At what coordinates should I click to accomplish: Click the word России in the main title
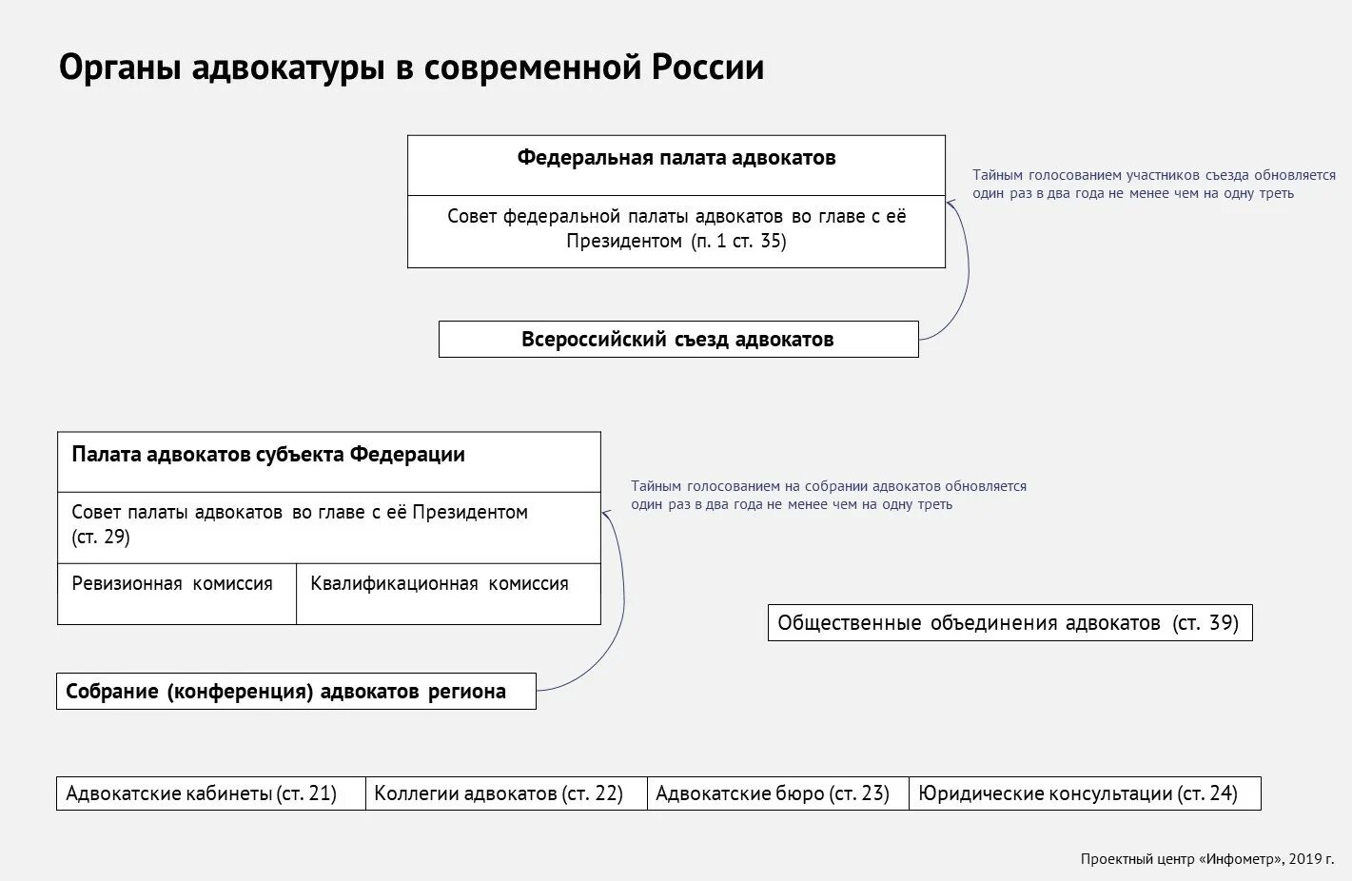(x=707, y=69)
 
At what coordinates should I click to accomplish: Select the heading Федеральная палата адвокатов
(x=676, y=158)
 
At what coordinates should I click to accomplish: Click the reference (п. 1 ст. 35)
(x=739, y=242)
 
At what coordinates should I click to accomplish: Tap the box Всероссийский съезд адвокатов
(x=677, y=340)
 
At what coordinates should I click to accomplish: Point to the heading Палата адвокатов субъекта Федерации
(x=268, y=455)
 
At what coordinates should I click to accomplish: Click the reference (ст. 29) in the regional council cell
(x=101, y=538)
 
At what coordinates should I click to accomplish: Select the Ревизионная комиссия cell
(x=172, y=584)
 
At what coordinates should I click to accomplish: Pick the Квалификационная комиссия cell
(x=440, y=584)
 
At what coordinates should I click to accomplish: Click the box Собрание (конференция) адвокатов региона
(x=286, y=692)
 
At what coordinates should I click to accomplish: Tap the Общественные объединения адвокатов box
(x=1009, y=623)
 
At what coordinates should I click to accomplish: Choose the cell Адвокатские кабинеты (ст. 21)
(x=202, y=793)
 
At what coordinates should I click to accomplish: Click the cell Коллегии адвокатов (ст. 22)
(x=499, y=793)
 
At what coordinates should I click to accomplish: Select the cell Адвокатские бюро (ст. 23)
(x=773, y=793)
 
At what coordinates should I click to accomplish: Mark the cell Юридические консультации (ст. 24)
(x=1078, y=793)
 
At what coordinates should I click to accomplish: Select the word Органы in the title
(x=120, y=69)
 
